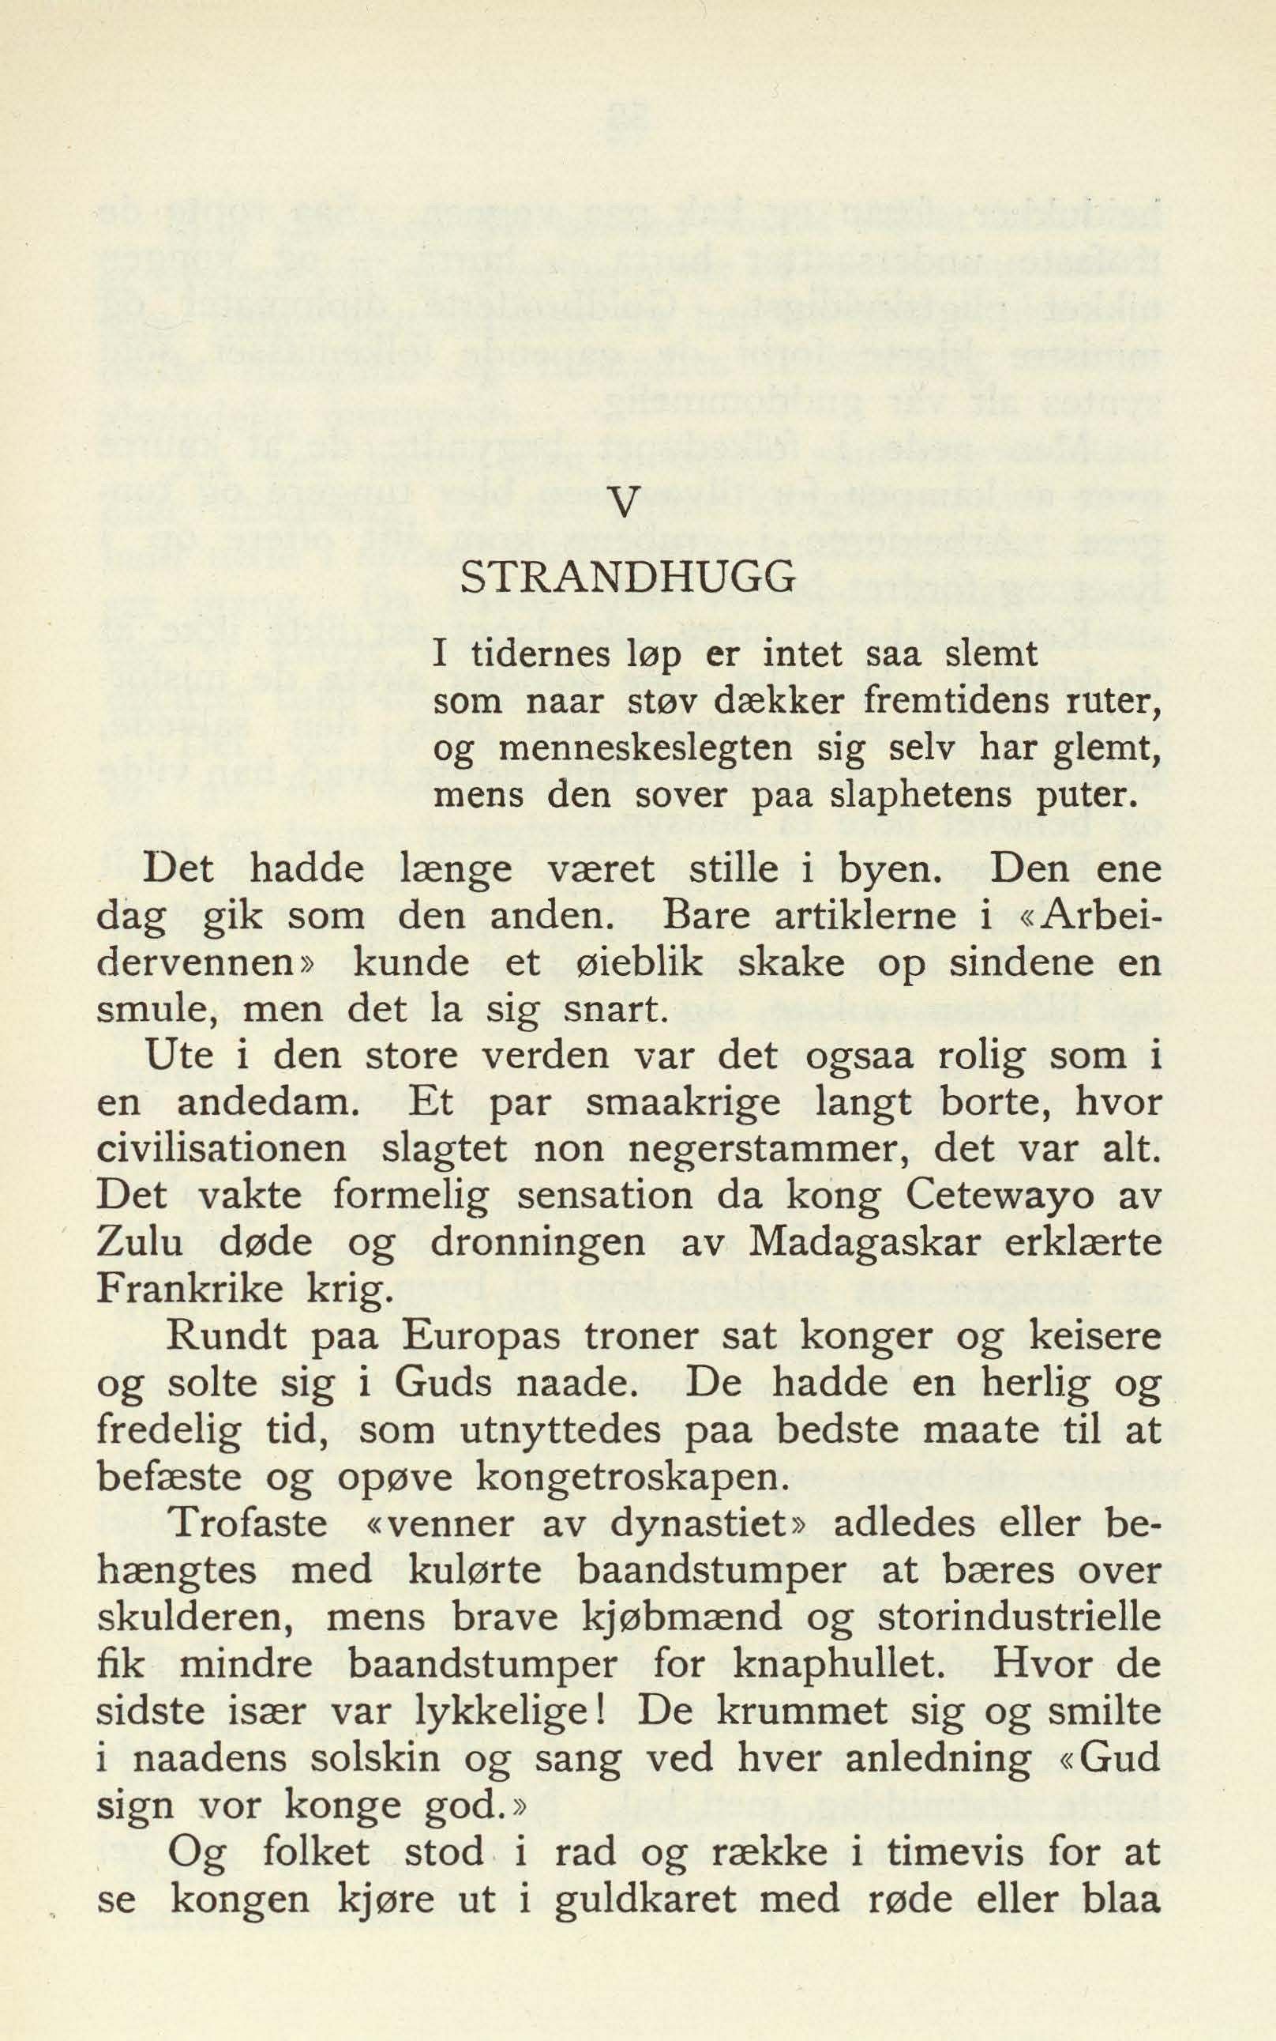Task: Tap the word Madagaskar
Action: point(870,1246)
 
